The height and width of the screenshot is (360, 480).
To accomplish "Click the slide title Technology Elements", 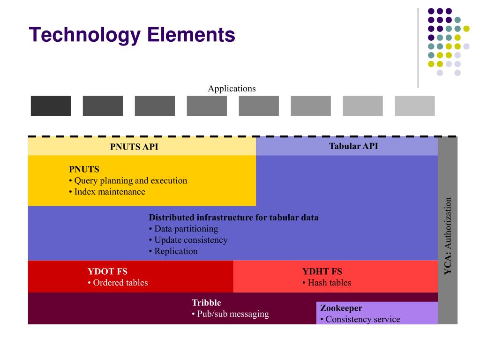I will point(132,35).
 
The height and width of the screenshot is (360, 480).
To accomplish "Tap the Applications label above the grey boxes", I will point(232,89).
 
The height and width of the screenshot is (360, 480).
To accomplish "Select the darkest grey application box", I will point(51,106).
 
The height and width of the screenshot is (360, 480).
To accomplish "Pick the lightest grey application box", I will point(414,106).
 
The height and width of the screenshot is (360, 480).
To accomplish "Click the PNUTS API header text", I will point(134,147).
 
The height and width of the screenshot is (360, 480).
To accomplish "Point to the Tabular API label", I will point(353,146).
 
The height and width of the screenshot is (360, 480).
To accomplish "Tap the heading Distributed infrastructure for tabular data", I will point(233,217).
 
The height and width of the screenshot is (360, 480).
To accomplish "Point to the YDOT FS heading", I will point(107,271).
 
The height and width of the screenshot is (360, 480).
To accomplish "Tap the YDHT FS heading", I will point(322,271).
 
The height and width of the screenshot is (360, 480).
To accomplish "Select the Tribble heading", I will point(206,303).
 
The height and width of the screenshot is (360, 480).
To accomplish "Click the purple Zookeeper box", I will point(377,313).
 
